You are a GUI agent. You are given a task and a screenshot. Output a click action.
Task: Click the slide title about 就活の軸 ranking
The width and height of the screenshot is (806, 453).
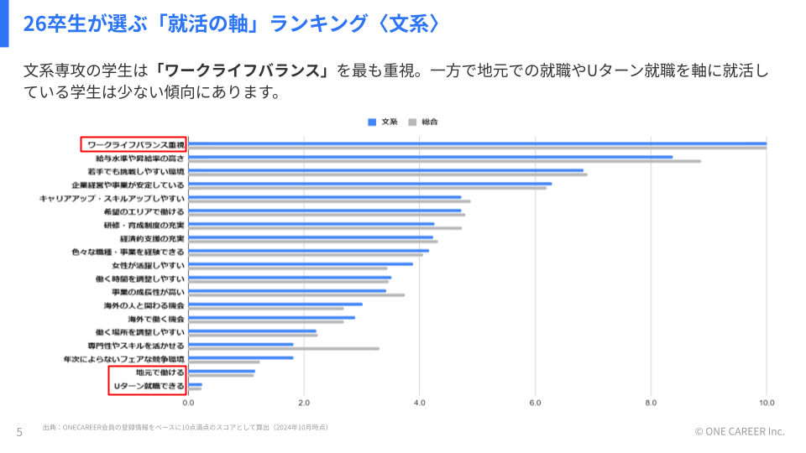click(231, 23)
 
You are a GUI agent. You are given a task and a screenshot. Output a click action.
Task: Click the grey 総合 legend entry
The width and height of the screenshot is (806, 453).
click(423, 122)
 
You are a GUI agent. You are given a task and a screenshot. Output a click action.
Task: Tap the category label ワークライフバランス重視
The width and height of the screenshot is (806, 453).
click(135, 144)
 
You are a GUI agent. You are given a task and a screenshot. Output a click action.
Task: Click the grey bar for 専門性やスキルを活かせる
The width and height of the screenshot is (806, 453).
click(283, 348)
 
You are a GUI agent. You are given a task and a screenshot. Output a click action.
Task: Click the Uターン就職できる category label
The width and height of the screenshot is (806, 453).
click(149, 385)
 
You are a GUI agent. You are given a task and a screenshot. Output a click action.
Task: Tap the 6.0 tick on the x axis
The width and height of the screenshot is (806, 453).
click(536, 402)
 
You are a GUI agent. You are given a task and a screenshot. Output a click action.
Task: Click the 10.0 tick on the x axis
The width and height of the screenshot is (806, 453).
click(767, 402)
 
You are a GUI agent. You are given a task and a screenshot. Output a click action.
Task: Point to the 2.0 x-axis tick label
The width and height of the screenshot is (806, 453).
click(304, 402)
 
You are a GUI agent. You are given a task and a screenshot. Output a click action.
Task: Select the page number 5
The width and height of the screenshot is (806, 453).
click(19, 432)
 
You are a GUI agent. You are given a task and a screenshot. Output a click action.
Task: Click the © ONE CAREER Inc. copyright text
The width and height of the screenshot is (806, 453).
click(739, 431)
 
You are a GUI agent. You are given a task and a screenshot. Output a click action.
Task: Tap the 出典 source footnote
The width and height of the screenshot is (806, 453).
click(185, 427)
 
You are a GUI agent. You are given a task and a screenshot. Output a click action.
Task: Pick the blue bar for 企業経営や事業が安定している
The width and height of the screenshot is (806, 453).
click(370, 183)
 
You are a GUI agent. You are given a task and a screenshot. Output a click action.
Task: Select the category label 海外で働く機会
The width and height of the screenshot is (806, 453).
click(156, 319)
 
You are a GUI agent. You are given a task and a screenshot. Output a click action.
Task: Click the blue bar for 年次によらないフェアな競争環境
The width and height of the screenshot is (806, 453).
click(241, 357)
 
